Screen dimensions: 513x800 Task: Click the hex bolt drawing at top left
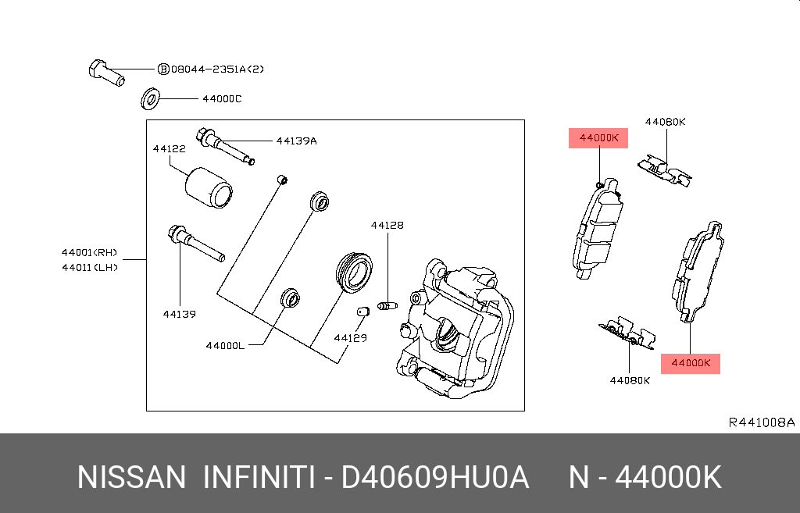pyautogui.click(x=105, y=72)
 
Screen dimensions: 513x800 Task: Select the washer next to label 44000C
pyautogui.click(x=149, y=100)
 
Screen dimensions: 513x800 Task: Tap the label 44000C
pyautogui.click(x=222, y=100)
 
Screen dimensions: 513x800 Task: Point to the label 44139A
pyautogui.click(x=296, y=141)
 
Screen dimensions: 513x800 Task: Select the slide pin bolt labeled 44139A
pyautogui.click(x=224, y=146)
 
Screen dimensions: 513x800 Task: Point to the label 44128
pyautogui.click(x=387, y=225)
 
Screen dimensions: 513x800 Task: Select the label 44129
pyautogui.click(x=349, y=338)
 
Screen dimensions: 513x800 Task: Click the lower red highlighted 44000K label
pyautogui.click(x=691, y=363)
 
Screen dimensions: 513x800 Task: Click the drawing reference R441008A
pyautogui.click(x=761, y=422)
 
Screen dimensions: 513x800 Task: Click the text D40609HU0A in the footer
pyautogui.click(x=436, y=477)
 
